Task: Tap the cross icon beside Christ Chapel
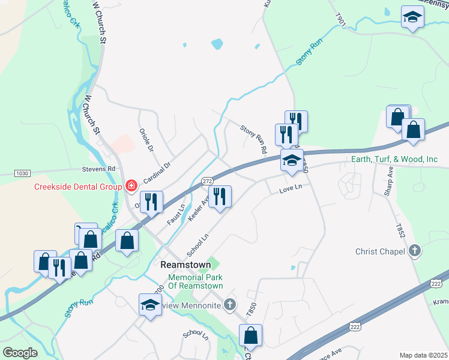pos(414,251)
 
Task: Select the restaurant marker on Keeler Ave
pos(220,196)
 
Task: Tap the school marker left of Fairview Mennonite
pos(150,304)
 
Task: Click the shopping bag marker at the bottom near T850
pos(251,335)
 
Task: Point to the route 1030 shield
pos(22,173)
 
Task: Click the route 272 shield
pos(206,181)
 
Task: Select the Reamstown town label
pos(185,265)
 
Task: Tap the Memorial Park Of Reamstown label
pos(196,282)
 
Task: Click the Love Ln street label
pos(290,190)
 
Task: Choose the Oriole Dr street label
pos(146,139)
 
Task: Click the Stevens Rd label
pos(99,169)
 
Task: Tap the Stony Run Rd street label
pos(253,139)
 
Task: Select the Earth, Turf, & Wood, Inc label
pos(394,159)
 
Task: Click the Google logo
pos(20,353)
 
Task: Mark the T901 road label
pos(341,21)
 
